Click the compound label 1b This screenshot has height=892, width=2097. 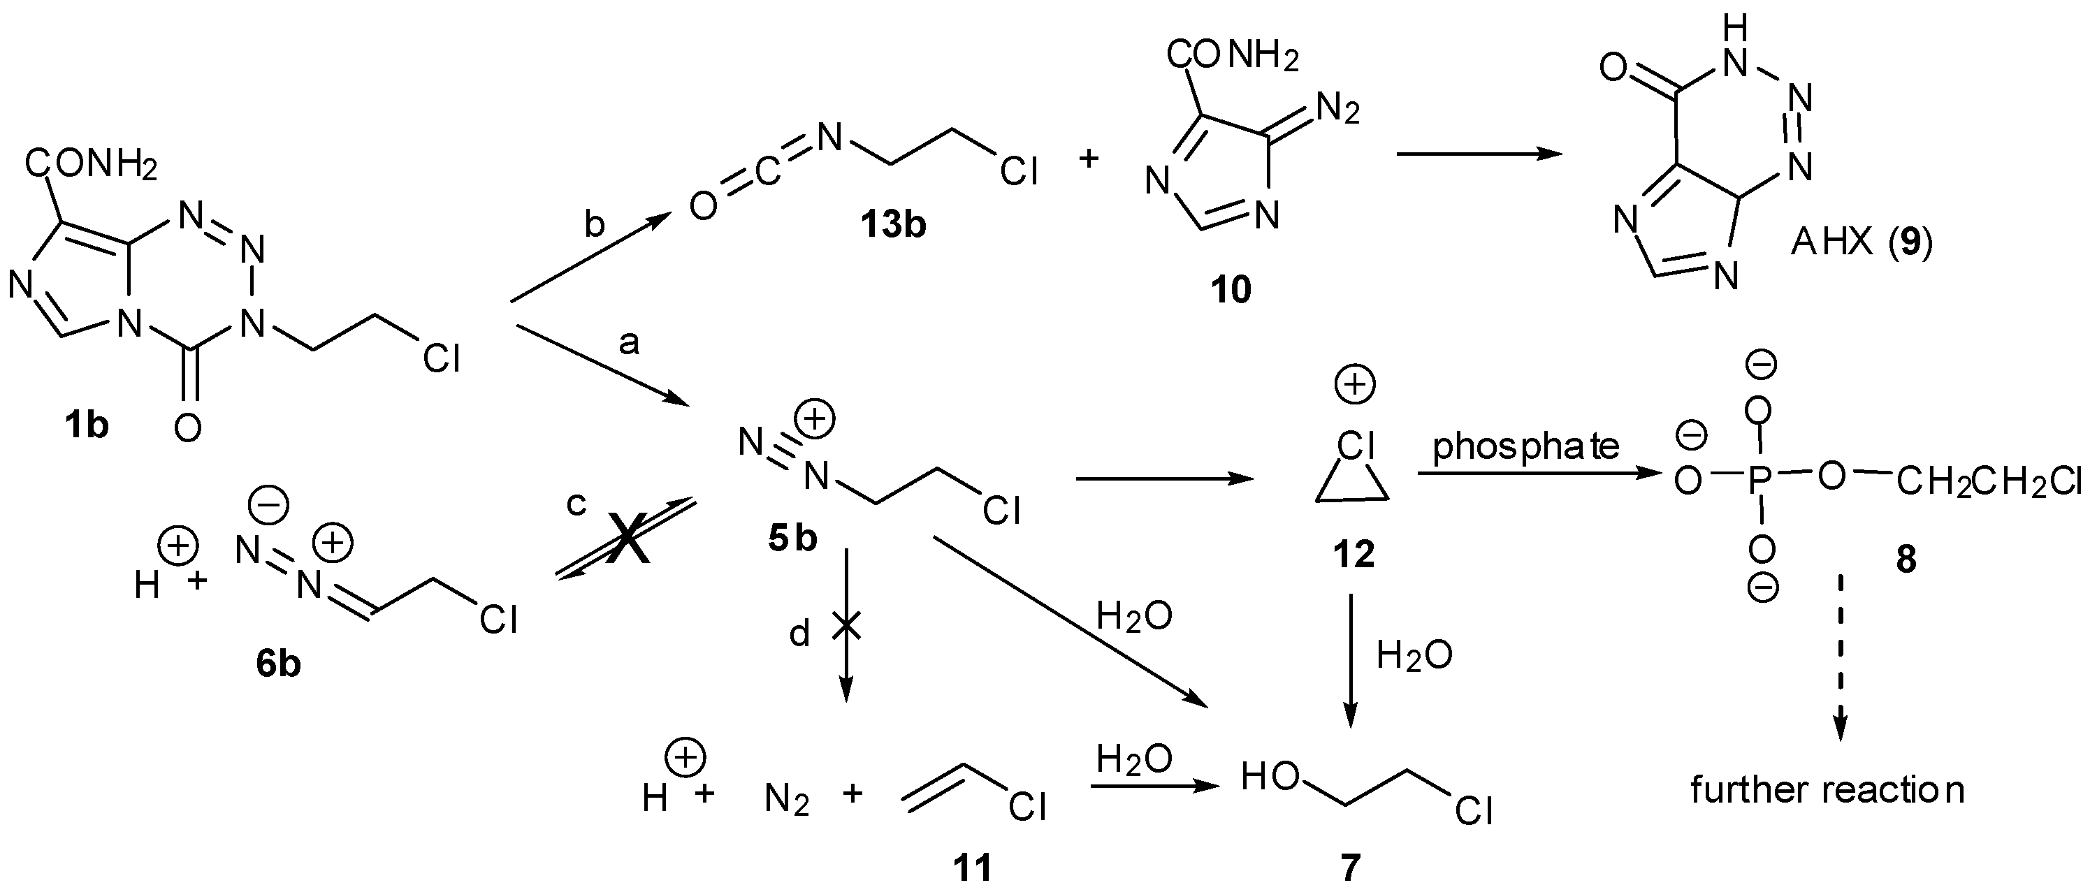[x=86, y=425]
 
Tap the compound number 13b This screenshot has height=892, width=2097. [x=893, y=224]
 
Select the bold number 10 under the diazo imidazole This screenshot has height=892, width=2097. [x=1230, y=289]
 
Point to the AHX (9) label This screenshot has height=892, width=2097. [x=1861, y=242]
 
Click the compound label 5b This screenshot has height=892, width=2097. [x=792, y=539]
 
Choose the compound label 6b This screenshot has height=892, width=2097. [x=277, y=664]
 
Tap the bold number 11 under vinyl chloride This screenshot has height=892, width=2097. [x=972, y=868]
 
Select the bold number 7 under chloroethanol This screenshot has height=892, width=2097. [x=1350, y=868]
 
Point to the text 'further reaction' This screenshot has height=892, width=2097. [x=1827, y=789]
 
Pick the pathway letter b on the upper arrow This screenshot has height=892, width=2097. [x=595, y=225]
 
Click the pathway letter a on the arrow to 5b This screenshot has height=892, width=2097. [x=628, y=344]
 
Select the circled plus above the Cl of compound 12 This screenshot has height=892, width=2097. [x=1355, y=384]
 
